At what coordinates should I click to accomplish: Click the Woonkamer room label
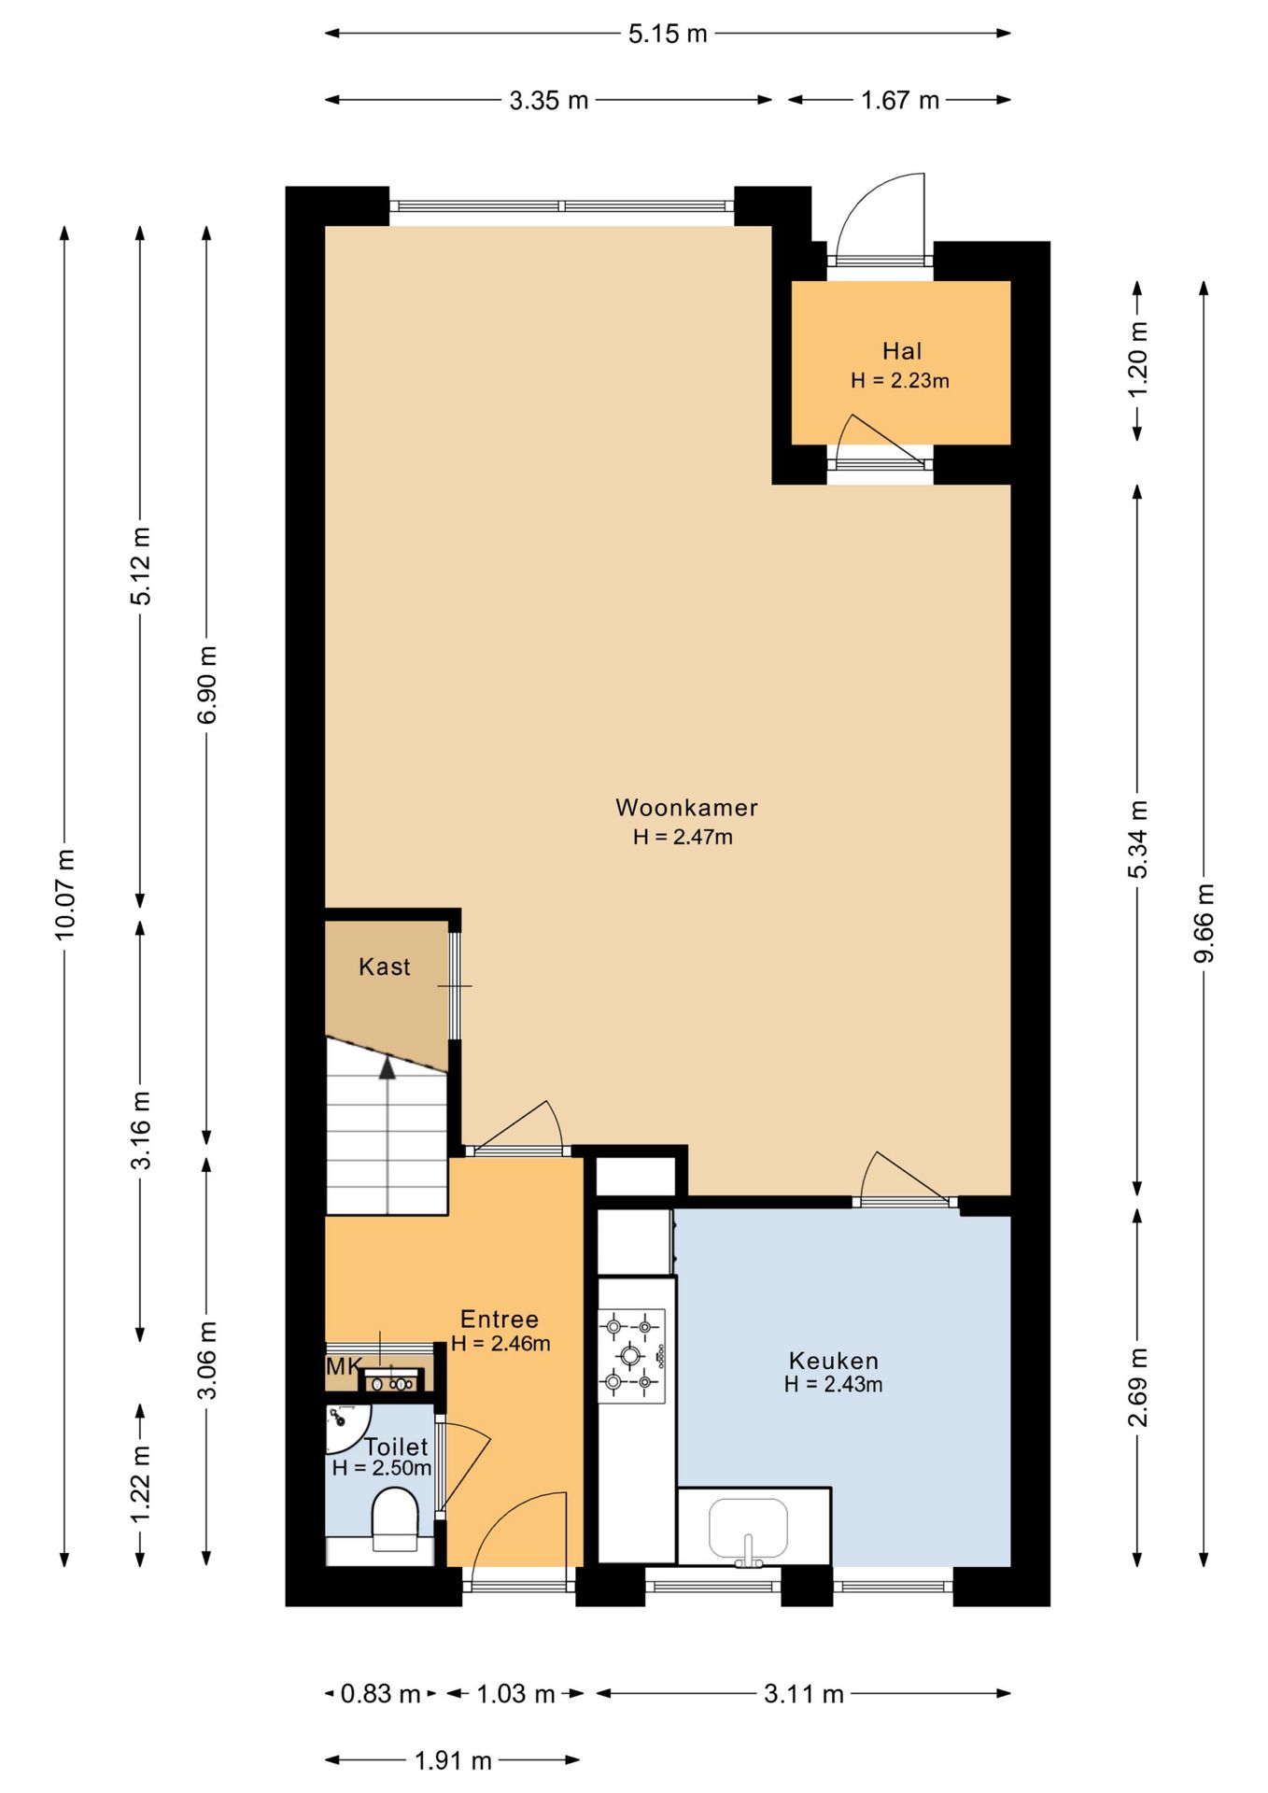point(686,808)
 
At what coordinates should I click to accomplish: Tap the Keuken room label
point(834,1361)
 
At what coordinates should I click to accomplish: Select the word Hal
point(902,351)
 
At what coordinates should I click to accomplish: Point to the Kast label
point(385,967)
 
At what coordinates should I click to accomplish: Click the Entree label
point(500,1319)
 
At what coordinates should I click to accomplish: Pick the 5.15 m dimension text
point(668,34)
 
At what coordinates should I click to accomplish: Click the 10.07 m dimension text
point(64,895)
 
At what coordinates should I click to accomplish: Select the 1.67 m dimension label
point(900,100)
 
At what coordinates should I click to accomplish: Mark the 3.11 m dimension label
point(804,1693)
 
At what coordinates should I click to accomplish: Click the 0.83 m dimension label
point(380,1693)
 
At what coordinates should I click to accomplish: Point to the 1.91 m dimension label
point(453,1760)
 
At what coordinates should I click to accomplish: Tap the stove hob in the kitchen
point(631,1355)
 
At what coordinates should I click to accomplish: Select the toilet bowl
point(395,1519)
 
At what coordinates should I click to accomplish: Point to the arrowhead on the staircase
point(387,1067)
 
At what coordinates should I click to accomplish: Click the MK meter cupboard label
point(344,1366)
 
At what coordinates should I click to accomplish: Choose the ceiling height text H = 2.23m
point(900,380)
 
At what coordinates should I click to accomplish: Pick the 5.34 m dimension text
point(1137,839)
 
